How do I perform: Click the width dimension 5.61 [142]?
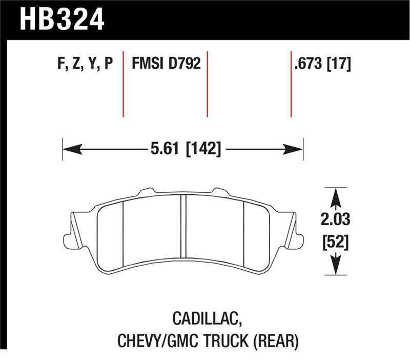click(186, 149)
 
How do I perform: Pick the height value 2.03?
click(335, 221)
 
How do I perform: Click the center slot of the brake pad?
click(183, 228)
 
